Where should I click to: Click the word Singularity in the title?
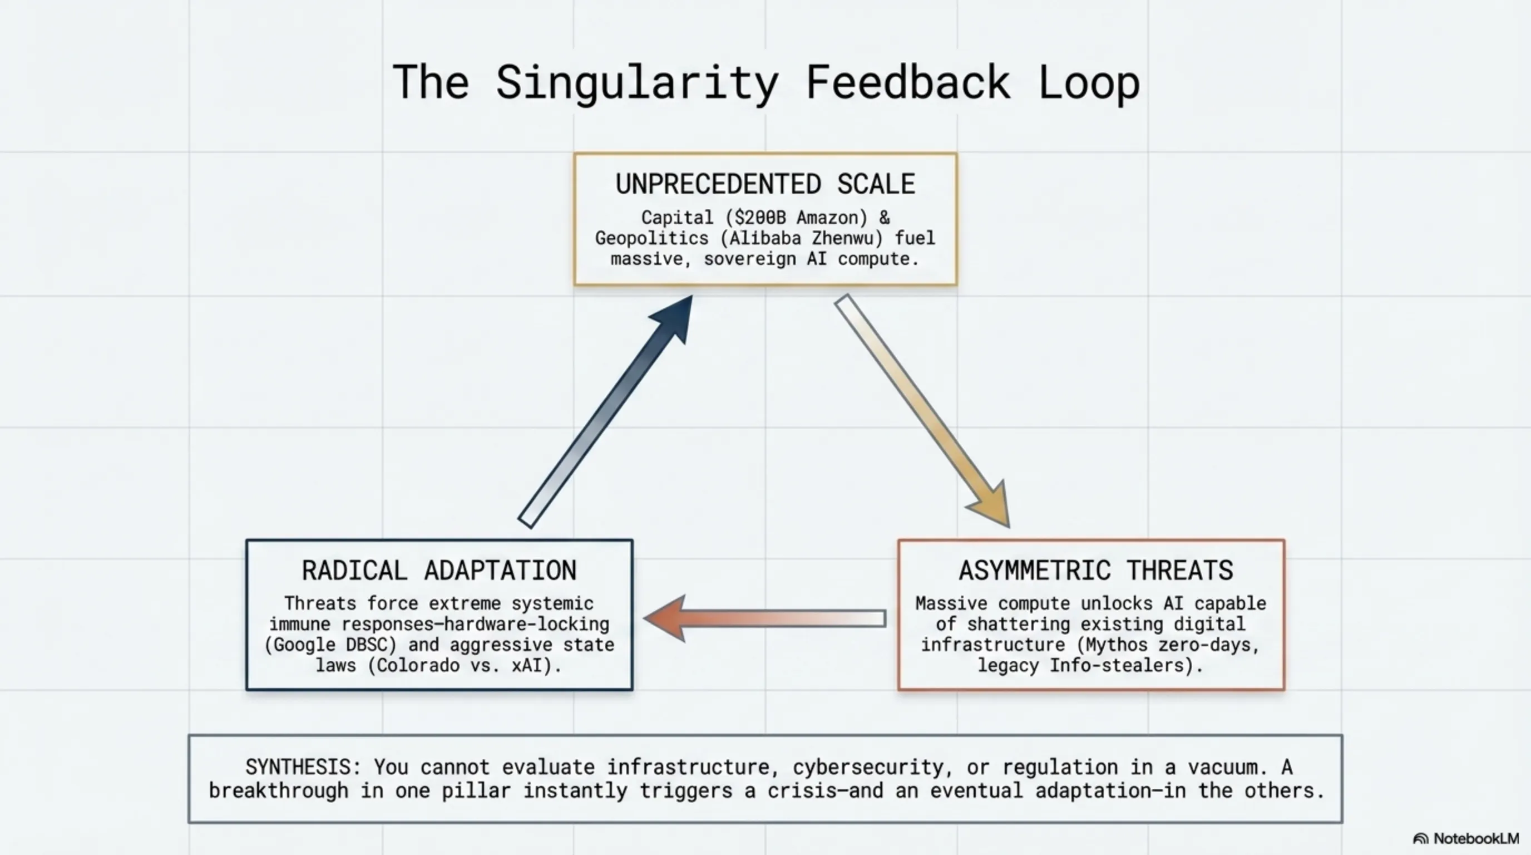637,83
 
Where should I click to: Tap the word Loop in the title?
1089,83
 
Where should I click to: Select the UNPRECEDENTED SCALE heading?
765,184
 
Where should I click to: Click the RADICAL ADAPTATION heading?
439,571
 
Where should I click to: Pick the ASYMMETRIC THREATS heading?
1096,571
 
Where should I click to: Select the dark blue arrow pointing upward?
606,411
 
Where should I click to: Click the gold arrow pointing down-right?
922,411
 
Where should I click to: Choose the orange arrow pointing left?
765,618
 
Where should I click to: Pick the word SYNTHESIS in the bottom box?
298,767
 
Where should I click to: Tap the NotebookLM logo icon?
1420,839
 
